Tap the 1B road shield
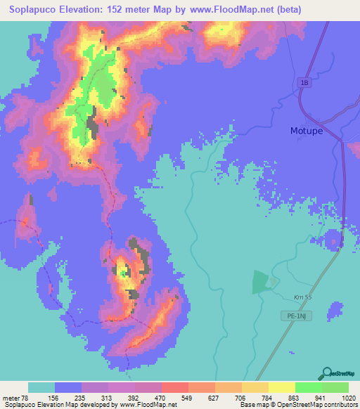(304, 83)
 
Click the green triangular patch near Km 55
(260, 283)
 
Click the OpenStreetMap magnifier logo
(326, 372)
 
